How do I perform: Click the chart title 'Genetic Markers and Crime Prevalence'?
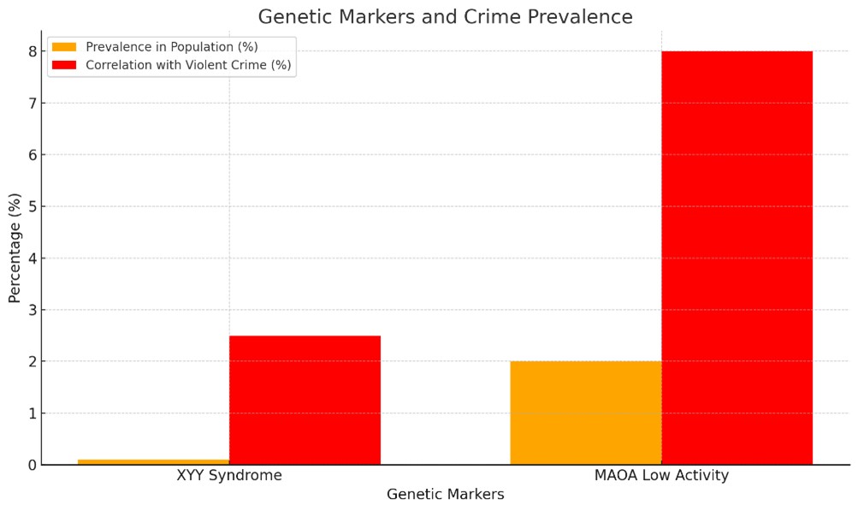(x=445, y=17)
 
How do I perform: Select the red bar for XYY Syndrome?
(x=305, y=400)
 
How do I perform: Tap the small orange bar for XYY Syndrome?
(x=153, y=462)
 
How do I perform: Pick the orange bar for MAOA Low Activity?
(x=585, y=413)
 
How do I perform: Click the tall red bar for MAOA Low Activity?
(x=737, y=258)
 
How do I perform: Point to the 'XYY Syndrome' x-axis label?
(x=228, y=476)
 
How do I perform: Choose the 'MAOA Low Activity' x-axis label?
(x=661, y=476)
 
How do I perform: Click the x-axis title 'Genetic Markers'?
(x=445, y=495)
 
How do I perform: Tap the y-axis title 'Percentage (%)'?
(x=15, y=248)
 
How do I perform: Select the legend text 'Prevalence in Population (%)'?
(x=172, y=46)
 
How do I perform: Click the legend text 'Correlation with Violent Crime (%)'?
(x=188, y=64)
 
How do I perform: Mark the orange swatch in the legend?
(x=64, y=46)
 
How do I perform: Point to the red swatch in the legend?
(x=64, y=64)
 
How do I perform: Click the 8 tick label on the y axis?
(x=32, y=51)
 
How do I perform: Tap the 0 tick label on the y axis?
(x=32, y=465)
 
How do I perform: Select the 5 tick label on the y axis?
(x=32, y=206)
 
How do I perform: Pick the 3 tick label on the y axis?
(x=32, y=310)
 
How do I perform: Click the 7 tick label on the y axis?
(x=32, y=104)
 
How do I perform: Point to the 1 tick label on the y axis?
(x=32, y=413)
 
